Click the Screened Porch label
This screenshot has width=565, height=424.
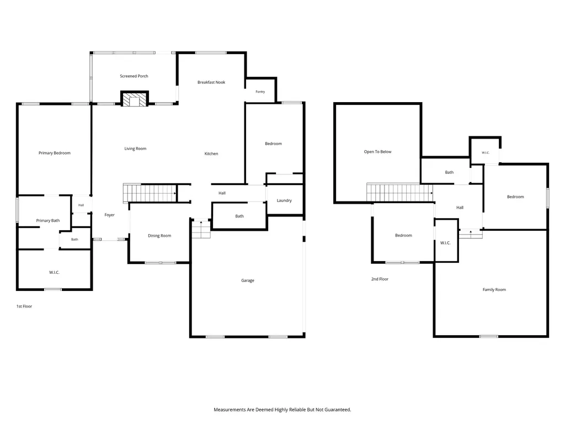(x=134, y=76)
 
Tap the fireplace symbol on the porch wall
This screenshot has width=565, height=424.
(x=135, y=99)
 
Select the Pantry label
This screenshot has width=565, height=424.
(x=260, y=92)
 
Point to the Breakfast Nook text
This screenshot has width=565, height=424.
(x=211, y=82)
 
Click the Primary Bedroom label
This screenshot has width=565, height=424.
(x=55, y=153)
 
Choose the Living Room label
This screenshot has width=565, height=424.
(x=136, y=149)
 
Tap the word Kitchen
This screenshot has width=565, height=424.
(x=211, y=153)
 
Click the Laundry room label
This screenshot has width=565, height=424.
(x=284, y=200)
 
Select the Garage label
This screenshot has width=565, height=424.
(x=248, y=280)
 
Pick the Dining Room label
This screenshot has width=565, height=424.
(x=159, y=236)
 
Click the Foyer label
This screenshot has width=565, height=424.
(x=110, y=215)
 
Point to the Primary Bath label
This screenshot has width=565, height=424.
(x=48, y=221)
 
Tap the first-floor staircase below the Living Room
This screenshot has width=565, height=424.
(x=150, y=193)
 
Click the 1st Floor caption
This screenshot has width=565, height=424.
(x=24, y=306)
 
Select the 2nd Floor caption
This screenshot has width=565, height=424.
(x=380, y=279)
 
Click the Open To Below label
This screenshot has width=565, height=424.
(x=377, y=152)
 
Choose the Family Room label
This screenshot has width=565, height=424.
(x=494, y=289)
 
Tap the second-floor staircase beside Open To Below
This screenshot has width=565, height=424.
(x=399, y=193)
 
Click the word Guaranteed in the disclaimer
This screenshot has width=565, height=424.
(x=338, y=410)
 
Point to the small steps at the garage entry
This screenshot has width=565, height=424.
(x=201, y=229)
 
